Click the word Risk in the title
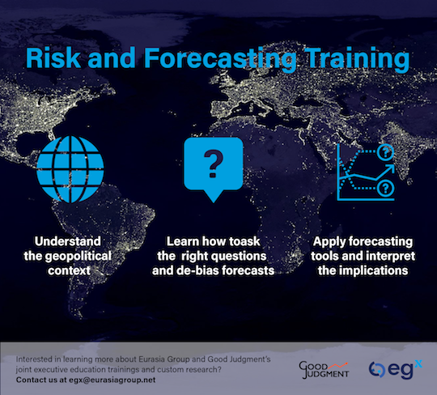(x=53, y=57)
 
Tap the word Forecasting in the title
(x=221, y=60)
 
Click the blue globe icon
(x=70, y=169)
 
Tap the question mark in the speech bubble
(x=214, y=164)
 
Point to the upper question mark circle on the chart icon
(x=385, y=152)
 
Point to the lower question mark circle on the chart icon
(x=385, y=189)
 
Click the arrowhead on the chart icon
(x=390, y=168)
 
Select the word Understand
(x=68, y=241)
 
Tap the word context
(x=69, y=270)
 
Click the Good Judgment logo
(x=324, y=370)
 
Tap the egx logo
(x=396, y=369)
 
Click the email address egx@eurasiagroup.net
(x=112, y=380)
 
